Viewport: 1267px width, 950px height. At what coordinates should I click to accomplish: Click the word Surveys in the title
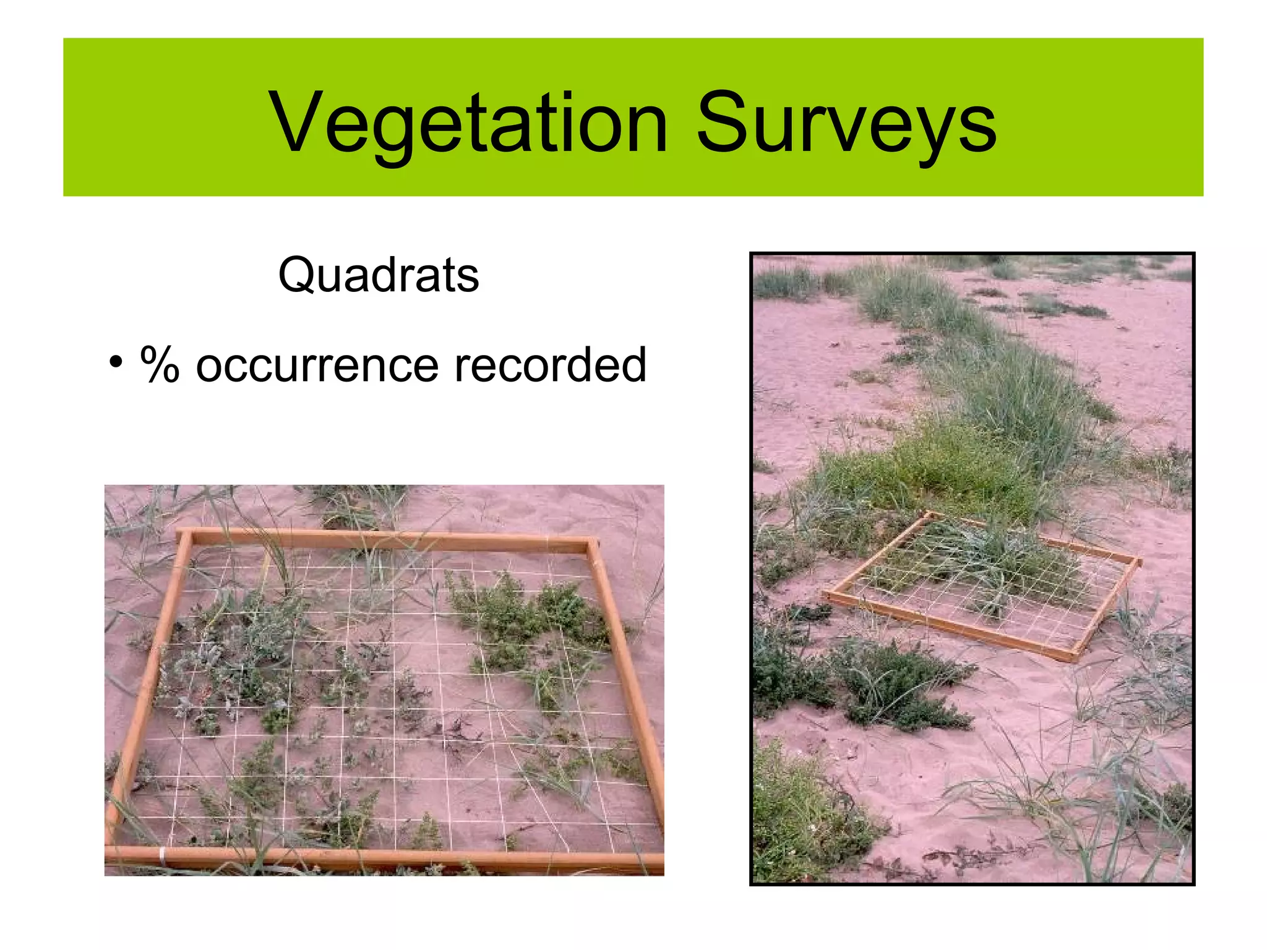pos(846,122)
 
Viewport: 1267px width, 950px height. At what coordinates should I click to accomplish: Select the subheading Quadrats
pos(379,275)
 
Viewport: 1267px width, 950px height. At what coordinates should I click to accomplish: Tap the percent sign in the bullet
pos(160,365)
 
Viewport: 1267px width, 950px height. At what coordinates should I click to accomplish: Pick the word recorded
pos(550,365)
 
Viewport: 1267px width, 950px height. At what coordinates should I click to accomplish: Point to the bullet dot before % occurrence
pos(115,363)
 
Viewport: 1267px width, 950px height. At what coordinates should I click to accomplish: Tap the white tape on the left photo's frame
pos(162,857)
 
